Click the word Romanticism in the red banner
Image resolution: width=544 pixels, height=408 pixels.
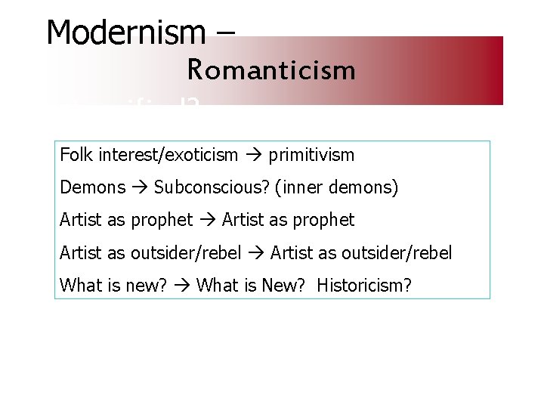click(x=271, y=70)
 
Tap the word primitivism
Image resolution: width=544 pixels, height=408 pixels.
click(x=311, y=156)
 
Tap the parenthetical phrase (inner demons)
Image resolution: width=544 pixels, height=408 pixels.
click(x=337, y=187)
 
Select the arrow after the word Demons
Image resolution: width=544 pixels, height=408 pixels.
click(x=136, y=187)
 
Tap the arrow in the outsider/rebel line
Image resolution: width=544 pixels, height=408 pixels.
click(x=255, y=252)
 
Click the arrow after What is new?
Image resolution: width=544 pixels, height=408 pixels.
click(x=181, y=286)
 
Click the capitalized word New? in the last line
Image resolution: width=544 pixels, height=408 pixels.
click(x=288, y=286)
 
